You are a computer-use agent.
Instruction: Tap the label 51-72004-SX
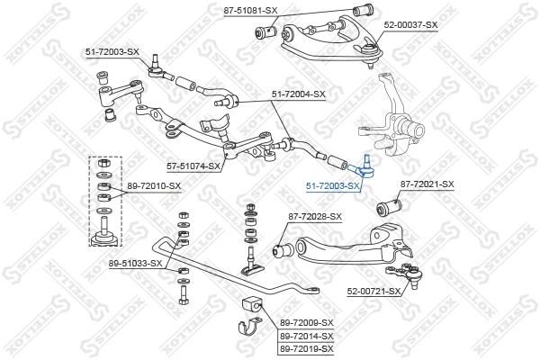click(298, 94)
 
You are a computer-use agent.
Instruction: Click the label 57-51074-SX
click(193, 166)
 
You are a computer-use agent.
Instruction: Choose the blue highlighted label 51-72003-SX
click(333, 185)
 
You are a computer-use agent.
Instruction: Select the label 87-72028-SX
click(315, 216)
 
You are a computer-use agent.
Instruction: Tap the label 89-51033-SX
click(136, 263)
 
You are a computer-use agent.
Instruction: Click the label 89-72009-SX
click(306, 322)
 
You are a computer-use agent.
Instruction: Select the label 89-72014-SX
click(306, 335)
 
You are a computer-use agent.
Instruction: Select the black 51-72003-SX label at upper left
click(112, 52)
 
